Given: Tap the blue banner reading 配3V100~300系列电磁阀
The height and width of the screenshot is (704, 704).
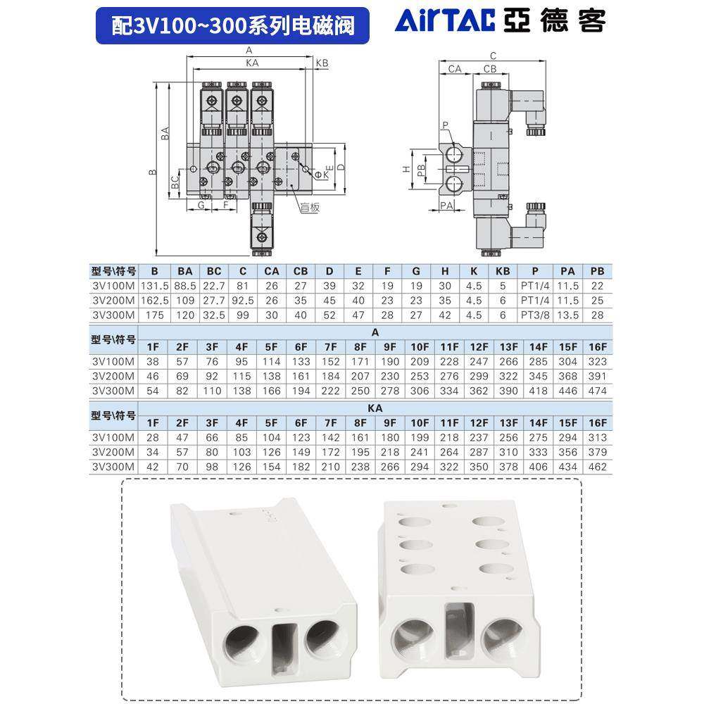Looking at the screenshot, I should pos(232,26).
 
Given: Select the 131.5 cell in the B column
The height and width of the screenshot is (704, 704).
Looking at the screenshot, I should pos(155,286).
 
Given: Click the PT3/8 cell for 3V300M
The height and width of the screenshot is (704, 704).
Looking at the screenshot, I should pos(536,315).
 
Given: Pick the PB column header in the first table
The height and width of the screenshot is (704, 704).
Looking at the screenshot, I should pos(597,271).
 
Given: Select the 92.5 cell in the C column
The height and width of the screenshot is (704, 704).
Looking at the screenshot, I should pos(243,301).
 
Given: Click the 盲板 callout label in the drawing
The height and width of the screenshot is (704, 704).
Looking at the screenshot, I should pos(309,207).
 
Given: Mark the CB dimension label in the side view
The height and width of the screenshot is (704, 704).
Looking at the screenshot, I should pos(490,69).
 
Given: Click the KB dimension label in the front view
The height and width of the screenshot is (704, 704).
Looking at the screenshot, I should pos(322,63).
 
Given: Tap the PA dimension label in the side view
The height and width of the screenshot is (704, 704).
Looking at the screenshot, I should pos(446,206).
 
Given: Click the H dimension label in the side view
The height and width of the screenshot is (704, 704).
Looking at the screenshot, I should pos(406,170).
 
